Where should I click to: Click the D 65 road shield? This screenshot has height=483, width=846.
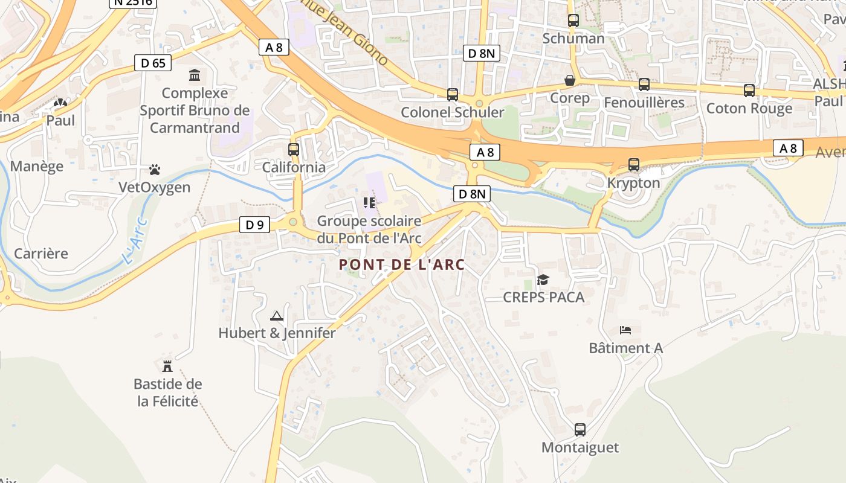[x=153, y=63]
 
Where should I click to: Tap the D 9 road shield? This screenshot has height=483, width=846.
[x=255, y=225]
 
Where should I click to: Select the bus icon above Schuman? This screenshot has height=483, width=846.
[x=573, y=21]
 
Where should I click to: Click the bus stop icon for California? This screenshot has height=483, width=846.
[x=294, y=149]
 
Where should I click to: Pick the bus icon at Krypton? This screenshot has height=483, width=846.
[x=634, y=164]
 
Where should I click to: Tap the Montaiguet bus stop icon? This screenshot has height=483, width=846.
[x=580, y=430]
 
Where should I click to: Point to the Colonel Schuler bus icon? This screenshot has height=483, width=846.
[x=453, y=95]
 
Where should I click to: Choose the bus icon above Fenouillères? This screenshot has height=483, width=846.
[x=644, y=85]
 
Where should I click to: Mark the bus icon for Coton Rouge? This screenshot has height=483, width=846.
[x=749, y=91]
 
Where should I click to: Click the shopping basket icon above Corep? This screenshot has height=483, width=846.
[x=570, y=80]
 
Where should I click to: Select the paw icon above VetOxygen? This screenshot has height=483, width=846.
[x=155, y=170]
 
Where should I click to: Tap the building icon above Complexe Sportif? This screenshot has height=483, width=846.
[x=195, y=75]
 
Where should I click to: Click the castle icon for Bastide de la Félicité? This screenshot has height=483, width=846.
[x=167, y=366]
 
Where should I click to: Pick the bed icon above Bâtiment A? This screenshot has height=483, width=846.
[x=625, y=330]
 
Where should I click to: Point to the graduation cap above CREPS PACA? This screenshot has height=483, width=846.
[x=543, y=280]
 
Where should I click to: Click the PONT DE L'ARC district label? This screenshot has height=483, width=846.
[x=402, y=264]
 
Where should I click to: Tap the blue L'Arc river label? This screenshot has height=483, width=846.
[x=135, y=249]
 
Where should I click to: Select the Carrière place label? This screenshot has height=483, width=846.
[x=41, y=254]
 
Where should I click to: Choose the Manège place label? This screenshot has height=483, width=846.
[x=37, y=167]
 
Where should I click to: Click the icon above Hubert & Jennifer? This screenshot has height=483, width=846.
[x=276, y=316]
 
